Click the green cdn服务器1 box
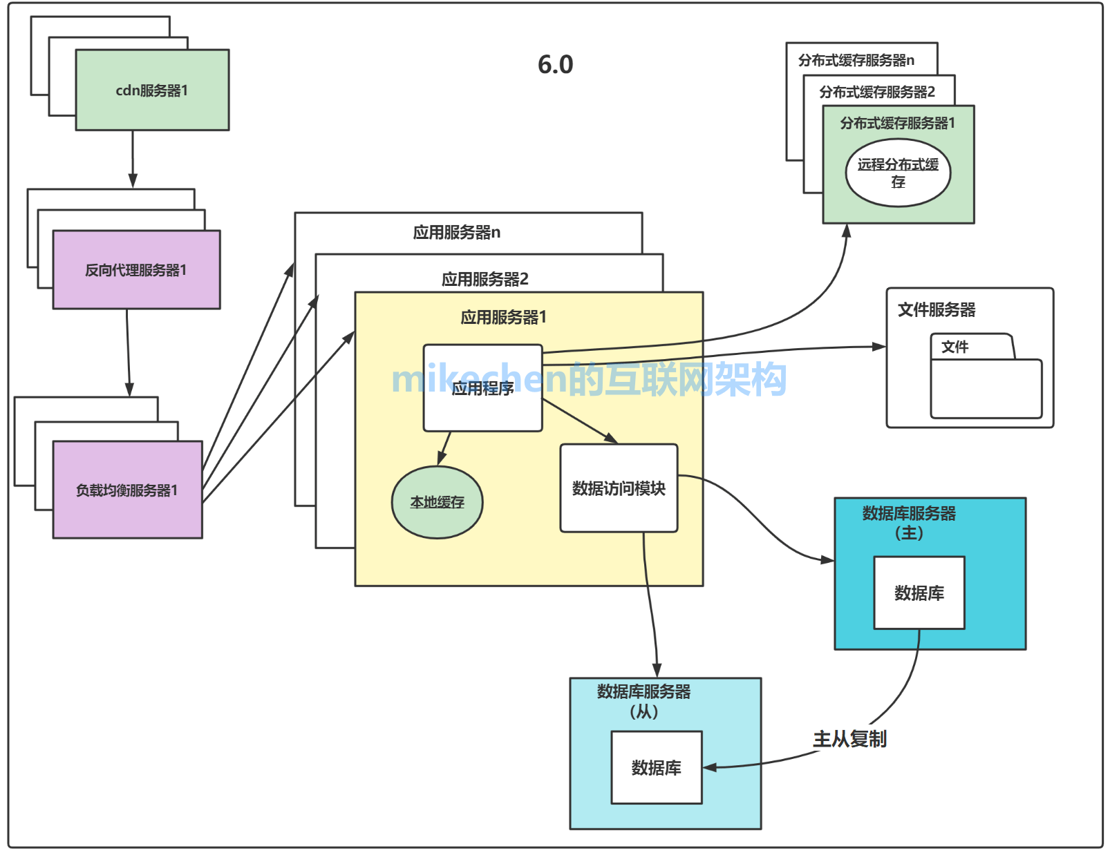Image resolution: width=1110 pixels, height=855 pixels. [x=152, y=90]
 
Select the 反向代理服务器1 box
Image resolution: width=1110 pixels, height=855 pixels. [x=136, y=270]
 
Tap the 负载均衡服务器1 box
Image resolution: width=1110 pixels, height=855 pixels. [x=127, y=490]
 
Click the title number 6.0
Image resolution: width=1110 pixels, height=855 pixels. [x=555, y=64]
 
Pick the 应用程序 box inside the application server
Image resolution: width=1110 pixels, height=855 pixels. [x=482, y=389]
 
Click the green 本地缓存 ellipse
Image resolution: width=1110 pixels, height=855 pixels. [x=437, y=502]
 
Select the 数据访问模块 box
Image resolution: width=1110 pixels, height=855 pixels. [x=619, y=488]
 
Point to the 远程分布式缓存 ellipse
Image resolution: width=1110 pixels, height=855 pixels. [x=898, y=173]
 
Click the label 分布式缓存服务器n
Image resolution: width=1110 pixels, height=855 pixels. [x=856, y=60]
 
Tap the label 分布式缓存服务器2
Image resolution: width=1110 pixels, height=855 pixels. [x=876, y=92]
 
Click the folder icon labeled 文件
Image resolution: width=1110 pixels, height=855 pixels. [x=986, y=377]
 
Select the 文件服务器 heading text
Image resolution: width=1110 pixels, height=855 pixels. [x=937, y=310]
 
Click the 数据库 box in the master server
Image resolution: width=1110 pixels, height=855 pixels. [x=919, y=593]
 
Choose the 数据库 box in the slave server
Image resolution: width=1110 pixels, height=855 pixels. [x=656, y=767]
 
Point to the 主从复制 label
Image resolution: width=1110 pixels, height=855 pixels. [x=849, y=739]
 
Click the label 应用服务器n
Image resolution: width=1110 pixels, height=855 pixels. [x=456, y=233]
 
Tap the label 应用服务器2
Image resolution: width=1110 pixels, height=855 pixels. [x=485, y=279]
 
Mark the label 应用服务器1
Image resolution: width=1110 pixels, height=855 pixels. [x=503, y=317]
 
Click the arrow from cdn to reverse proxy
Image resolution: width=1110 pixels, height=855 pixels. [x=133, y=159]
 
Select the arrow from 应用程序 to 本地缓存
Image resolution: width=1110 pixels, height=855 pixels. [x=444, y=448]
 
